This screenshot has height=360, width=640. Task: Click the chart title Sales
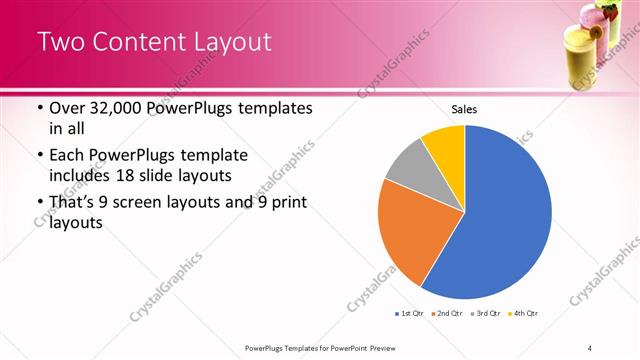tap(463, 108)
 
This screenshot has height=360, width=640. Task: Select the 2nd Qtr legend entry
tap(445, 314)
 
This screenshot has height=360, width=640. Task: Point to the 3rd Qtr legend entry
tap(485, 314)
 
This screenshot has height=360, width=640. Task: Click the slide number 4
tap(590, 347)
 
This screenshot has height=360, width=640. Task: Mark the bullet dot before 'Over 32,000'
tap(39, 108)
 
